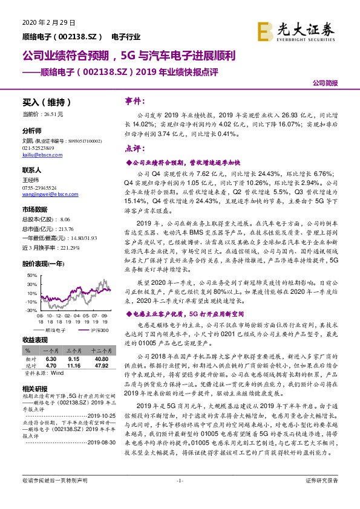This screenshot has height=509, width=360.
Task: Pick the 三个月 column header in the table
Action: (x=73, y=351)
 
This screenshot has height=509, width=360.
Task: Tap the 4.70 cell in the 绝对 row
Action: (x=51, y=365)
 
